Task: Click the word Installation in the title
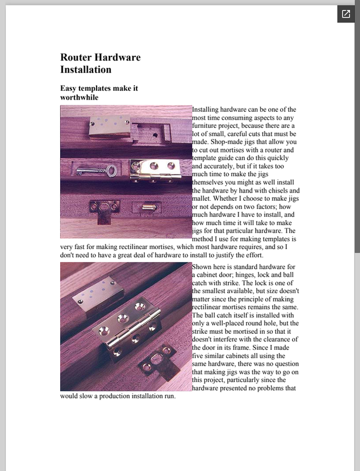[86, 69]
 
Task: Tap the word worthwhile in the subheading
[79, 97]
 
